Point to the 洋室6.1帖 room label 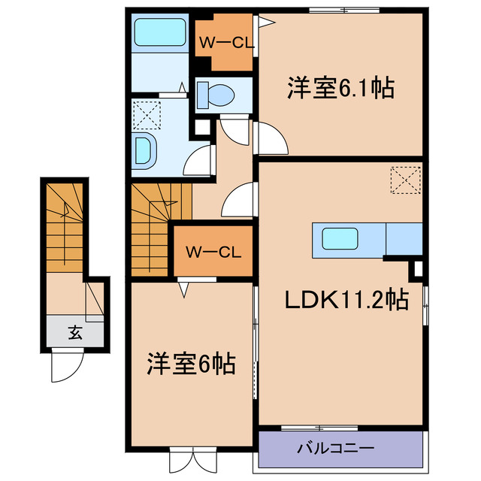click(x=340, y=88)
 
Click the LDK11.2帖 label click(x=346, y=301)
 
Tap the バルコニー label click(x=335, y=448)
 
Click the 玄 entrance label click(x=75, y=331)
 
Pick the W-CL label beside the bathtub click(x=225, y=43)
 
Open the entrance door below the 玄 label click(x=65, y=367)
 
